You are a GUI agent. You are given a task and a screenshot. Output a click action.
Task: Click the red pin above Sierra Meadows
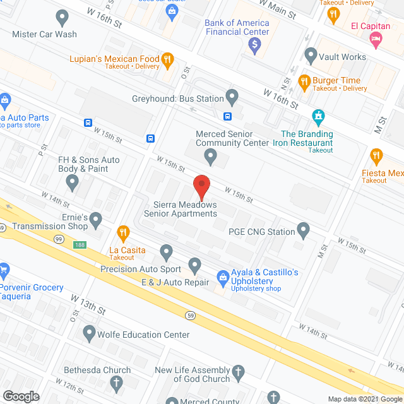coord(201,187)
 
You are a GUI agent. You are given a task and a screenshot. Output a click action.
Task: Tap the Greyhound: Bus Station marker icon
coord(232,98)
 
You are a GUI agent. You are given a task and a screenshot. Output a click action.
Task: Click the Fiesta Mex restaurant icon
coord(376,155)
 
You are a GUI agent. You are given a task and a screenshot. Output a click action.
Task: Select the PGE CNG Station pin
coord(304,231)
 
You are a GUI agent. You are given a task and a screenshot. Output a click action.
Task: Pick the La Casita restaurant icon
coord(123,233)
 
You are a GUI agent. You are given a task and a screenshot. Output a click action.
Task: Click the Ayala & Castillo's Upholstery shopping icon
coord(223,275)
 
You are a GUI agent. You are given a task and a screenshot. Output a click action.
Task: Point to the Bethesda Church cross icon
coord(116,382)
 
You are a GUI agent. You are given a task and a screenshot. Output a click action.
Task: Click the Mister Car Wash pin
coord(61,17)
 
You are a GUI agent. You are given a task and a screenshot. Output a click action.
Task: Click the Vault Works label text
coord(342,57)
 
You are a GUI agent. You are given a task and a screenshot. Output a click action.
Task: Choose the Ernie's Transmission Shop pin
coord(96,220)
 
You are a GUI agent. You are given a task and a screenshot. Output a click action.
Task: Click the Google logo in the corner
coord(21,396)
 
